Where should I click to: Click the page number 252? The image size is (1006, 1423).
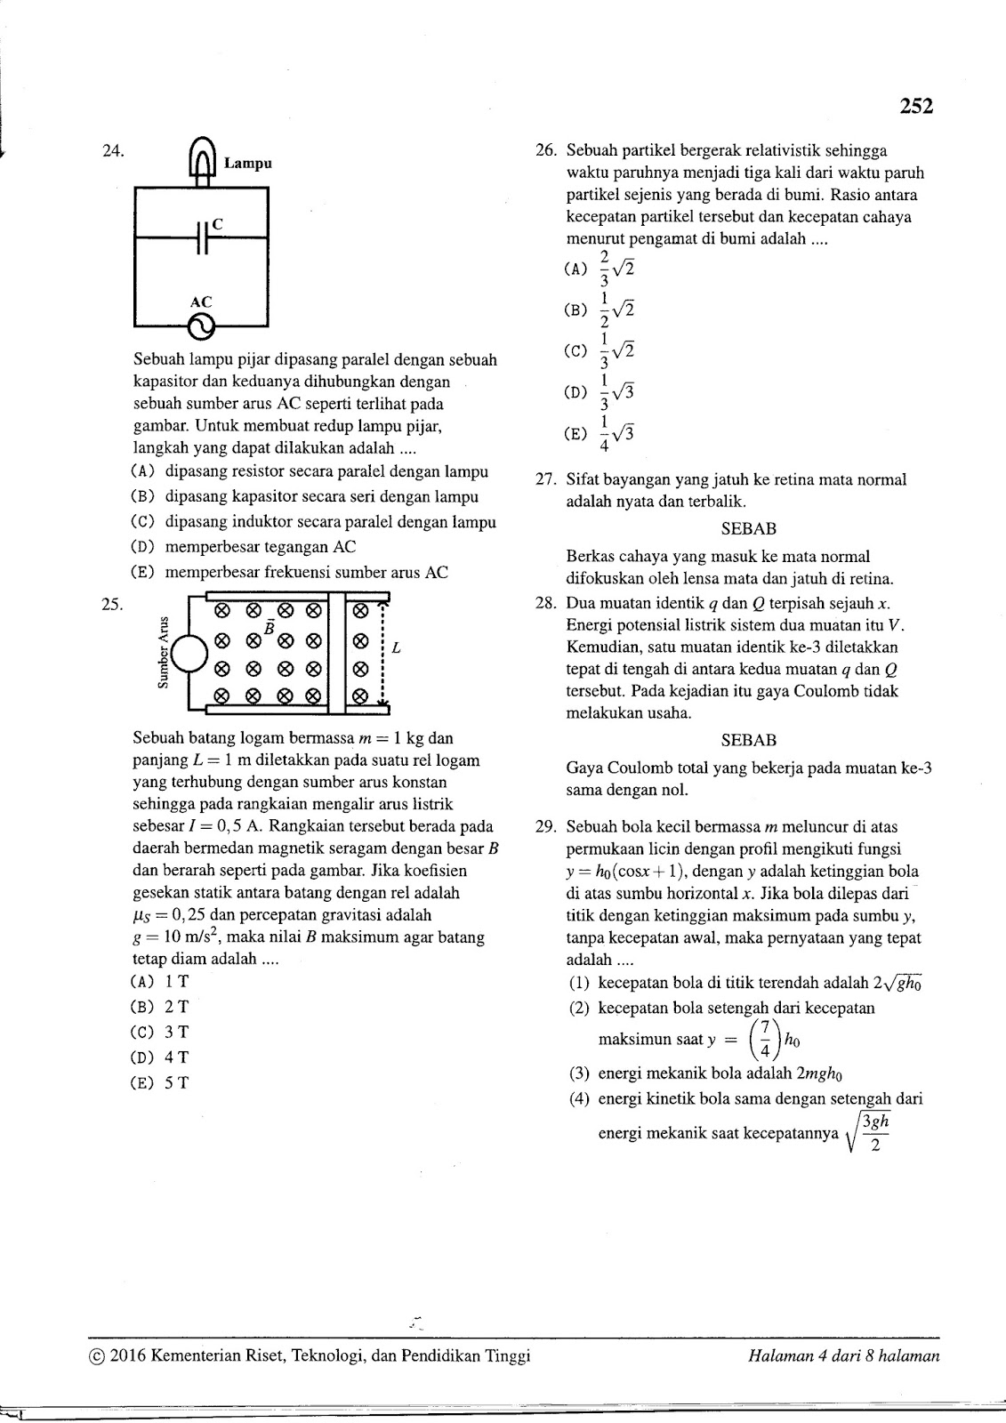click(x=915, y=107)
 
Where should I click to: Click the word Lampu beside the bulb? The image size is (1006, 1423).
click(x=247, y=164)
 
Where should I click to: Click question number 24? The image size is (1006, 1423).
click(x=112, y=151)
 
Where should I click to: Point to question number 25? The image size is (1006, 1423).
click(x=112, y=605)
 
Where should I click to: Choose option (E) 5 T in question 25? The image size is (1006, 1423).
click(x=160, y=1083)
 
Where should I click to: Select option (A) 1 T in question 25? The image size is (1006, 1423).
click(x=160, y=982)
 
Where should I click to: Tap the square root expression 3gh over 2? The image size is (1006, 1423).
click(x=868, y=1132)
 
